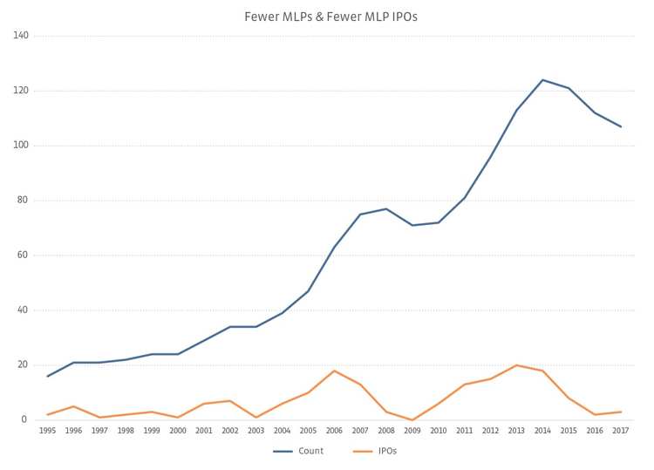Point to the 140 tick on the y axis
tap(21, 36)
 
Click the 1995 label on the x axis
tap(47, 430)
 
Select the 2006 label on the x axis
tap(334, 430)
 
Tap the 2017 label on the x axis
tap(621, 430)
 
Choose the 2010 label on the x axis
tap(439, 430)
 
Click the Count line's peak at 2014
tap(542, 80)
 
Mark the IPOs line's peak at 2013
tap(516, 365)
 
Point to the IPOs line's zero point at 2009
tap(412, 419)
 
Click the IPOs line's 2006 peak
tap(334, 371)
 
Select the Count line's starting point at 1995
tap(47, 376)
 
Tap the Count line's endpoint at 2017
tap(621, 126)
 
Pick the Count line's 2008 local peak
tap(386, 208)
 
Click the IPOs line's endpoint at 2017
tap(621, 412)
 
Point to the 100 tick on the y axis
tap(21, 146)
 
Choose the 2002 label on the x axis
tap(229, 430)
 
